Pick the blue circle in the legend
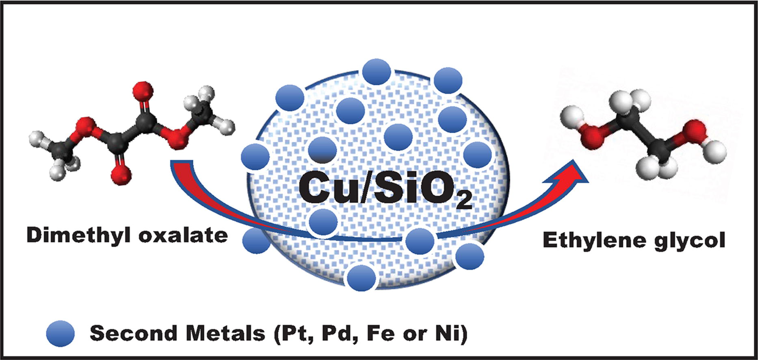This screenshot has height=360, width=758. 61,333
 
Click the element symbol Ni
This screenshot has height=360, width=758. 449,333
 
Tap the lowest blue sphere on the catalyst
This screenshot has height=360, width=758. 362,277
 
